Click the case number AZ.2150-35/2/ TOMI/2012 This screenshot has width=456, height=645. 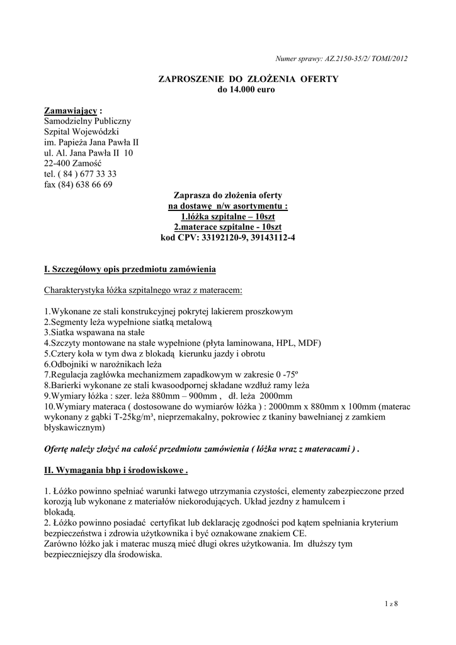click(x=367, y=59)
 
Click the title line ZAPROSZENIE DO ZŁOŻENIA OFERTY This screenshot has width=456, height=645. click(x=248, y=79)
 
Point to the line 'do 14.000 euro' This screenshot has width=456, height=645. click(x=246, y=89)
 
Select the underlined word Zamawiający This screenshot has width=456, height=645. click(x=71, y=111)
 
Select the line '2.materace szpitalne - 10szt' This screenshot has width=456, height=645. click(x=227, y=227)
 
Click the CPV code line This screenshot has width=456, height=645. click(x=228, y=238)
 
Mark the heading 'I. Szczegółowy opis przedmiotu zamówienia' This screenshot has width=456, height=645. click(x=130, y=270)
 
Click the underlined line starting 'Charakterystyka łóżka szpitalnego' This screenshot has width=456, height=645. click(x=143, y=291)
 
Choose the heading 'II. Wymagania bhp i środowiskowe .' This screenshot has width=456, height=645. click(x=116, y=470)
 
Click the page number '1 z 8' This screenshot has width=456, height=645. click(x=391, y=604)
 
